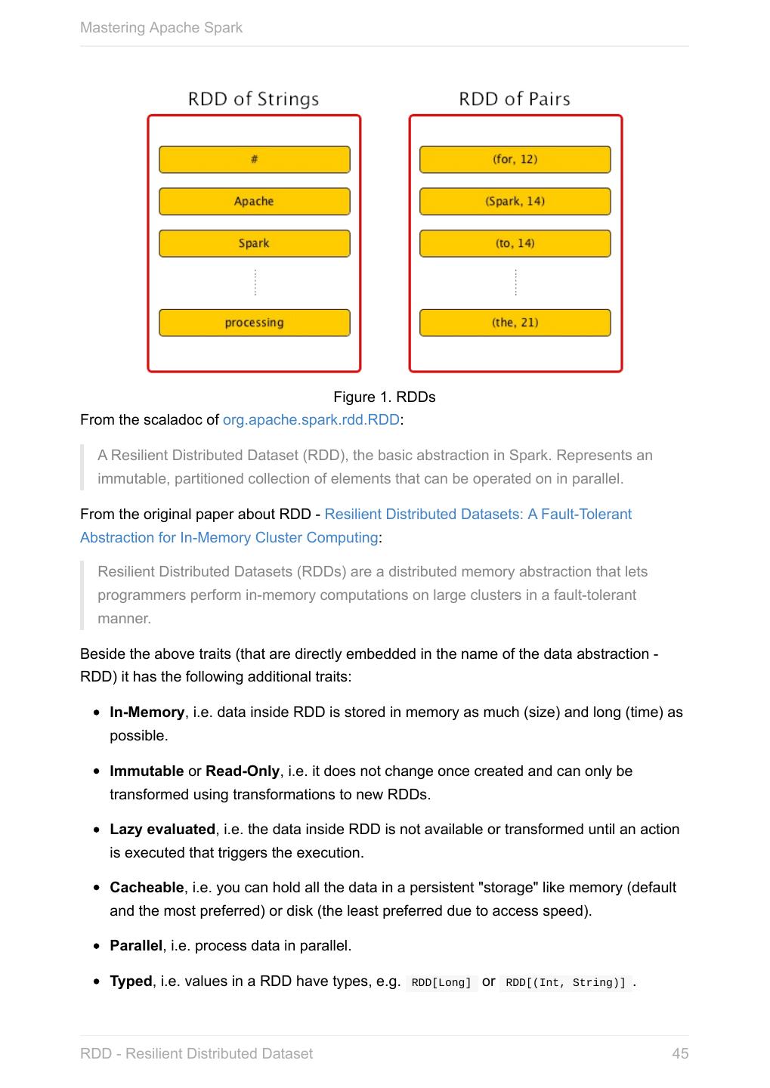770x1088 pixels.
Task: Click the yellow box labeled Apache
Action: pyautogui.click(x=254, y=202)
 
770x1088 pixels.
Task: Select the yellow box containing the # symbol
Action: pyautogui.click(x=254, y=159)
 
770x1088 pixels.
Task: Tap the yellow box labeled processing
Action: pyautogui.click(x=254, y=323)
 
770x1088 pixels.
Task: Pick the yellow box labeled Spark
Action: pyautogui.click(x=254, y=243)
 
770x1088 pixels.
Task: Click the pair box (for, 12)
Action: pyautogui.click(x=515, y=159)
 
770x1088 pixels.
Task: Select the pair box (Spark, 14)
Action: pyautogui.click(x=515, y=202)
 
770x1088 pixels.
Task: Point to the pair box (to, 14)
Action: pyautogui.click(x=515, y=243)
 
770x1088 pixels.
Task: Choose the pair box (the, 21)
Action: pyautogui.click(x=515, y=323)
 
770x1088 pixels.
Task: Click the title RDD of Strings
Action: pyautogui.click(x=253, y=99)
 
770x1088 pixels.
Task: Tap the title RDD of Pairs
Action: pyautogui.click(x=515, y=99)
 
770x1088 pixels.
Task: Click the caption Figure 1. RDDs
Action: pyautogui.click(x=384, y=397)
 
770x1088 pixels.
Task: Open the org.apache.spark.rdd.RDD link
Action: pyautogui.click(x=311, y=420)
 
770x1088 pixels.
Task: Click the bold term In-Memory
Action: pyautogui.click(x=147, y=712)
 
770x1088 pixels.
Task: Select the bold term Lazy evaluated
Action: pyautogui.click(x=162, y=830)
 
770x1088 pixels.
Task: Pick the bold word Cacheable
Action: pyautogui.click(x=147, y=888)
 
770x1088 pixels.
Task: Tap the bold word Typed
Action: pyautogui.click(x=131, y=981)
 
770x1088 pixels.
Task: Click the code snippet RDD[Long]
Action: pyautogui.click(x=441, y=983)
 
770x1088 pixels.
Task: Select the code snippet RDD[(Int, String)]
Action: pyautogui.click(x=566, y=983)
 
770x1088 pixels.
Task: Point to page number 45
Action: pyautogui.click(x=679, y=1054)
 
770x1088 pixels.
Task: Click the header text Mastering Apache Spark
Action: pyautogui.click(x=161, y=28)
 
